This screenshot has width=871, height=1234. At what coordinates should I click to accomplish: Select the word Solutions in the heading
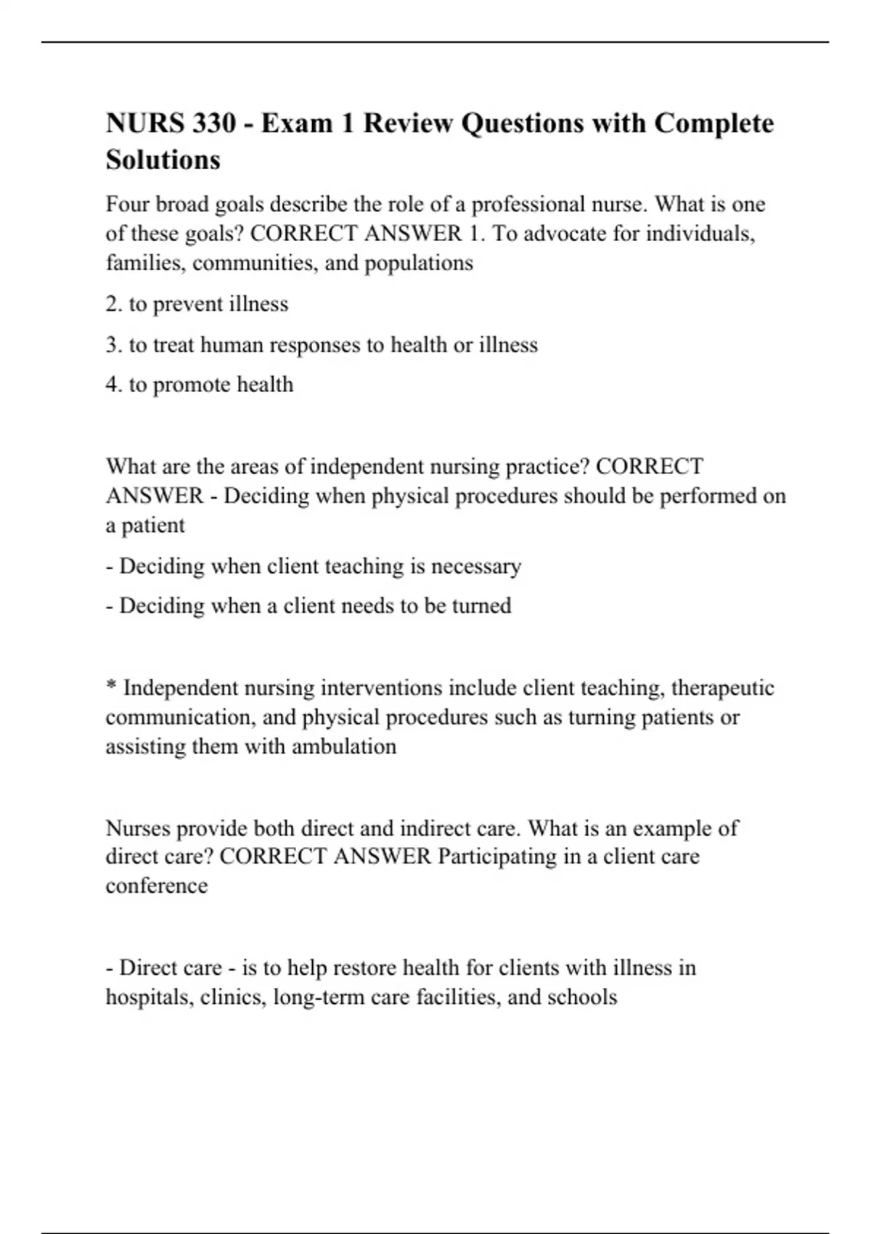[x=163, y=160]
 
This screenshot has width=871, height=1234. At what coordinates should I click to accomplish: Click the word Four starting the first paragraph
[x=127, y=204]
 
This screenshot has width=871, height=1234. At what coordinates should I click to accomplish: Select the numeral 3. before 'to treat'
[x=113, y=344]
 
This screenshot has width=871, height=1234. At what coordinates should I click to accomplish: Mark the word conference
[x=157, y=886]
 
